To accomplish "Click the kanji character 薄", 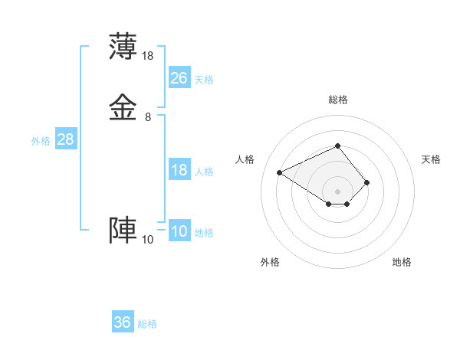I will (x=123, y=46).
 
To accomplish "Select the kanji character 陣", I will (x=123, y=231).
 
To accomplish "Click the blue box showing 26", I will (x=179, y=77).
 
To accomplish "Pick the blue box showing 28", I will (x=65, y=139).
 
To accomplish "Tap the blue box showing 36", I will (x=123, y=322).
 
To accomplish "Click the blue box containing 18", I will (x=179, y=170).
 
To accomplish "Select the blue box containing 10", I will (x=179, y=232).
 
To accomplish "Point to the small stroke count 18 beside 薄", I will (x=148, y=55).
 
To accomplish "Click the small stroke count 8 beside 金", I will (x=148, y=117).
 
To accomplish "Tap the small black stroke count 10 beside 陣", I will (x=147, y=240).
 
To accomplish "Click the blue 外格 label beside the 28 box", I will (x=41, y=141).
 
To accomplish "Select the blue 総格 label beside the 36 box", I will (x=147, y=324).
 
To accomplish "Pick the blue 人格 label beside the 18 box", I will (x=205, y=172).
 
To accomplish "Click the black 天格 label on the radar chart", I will (x=431, y=159).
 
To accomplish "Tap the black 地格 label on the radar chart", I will (x=402, y=262).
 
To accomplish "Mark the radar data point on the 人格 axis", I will (x=280, y=172).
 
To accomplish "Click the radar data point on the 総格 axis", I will (x=337, y=146).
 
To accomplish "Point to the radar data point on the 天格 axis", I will (x=367, y=182).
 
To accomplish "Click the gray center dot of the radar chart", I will (x=337, y=191).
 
